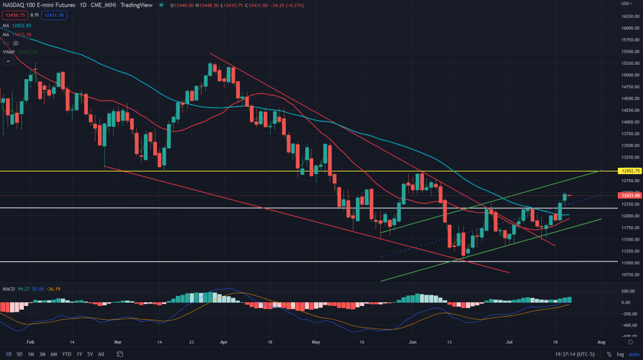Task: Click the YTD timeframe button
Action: [x=66, y=354]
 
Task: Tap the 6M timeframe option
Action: [x=54, y=354]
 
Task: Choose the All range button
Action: [x=102, y=354]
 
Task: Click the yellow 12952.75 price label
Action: [x=629, y=170]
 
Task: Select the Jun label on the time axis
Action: [x=413, y=343]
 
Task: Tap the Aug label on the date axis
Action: [x=601, y=343]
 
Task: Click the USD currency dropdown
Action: [x=626, y=3]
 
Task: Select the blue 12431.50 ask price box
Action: [x=57, y=14]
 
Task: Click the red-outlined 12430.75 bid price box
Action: [x=14, y=14]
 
